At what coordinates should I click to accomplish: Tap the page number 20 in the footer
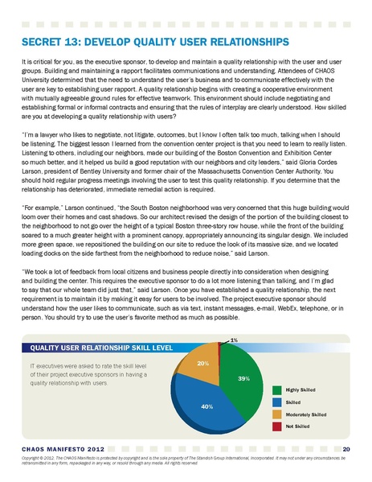(x=345, y=447)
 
